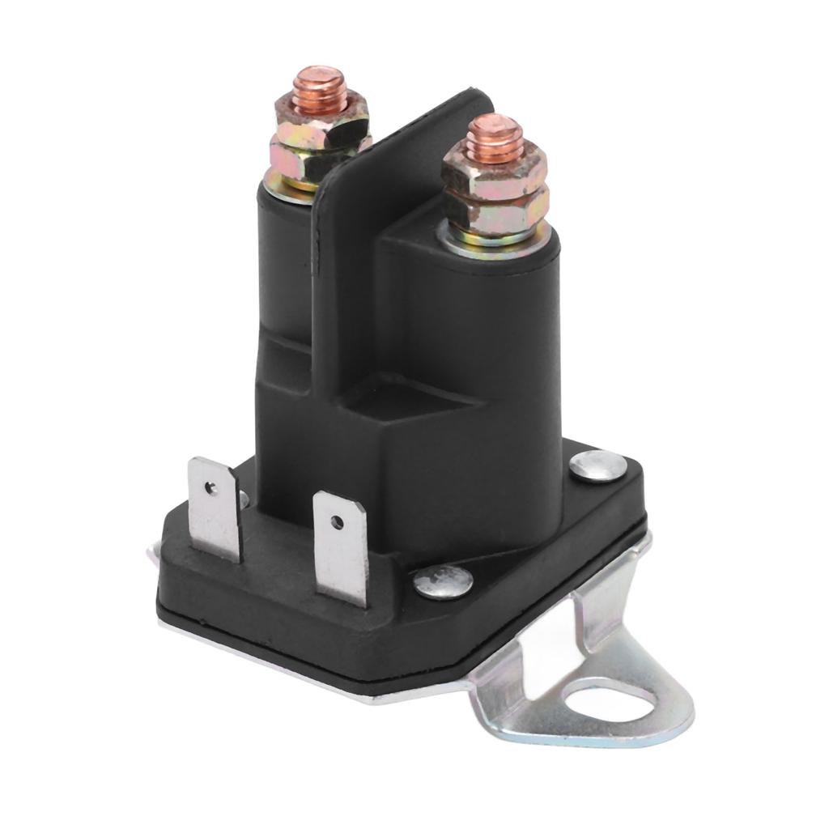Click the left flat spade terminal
pyautogui.click(x=214, y=510)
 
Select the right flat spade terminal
pyautogui.click(x=341, y=547)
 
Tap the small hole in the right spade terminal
pyautogui.click(x=337, y=522)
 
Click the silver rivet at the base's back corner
pyautogui.click(x=597, y=466)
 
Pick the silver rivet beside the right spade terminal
pyautogui.click(x=443, y=582)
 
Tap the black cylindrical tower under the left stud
pyautogui.click(x=283, y=259)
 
